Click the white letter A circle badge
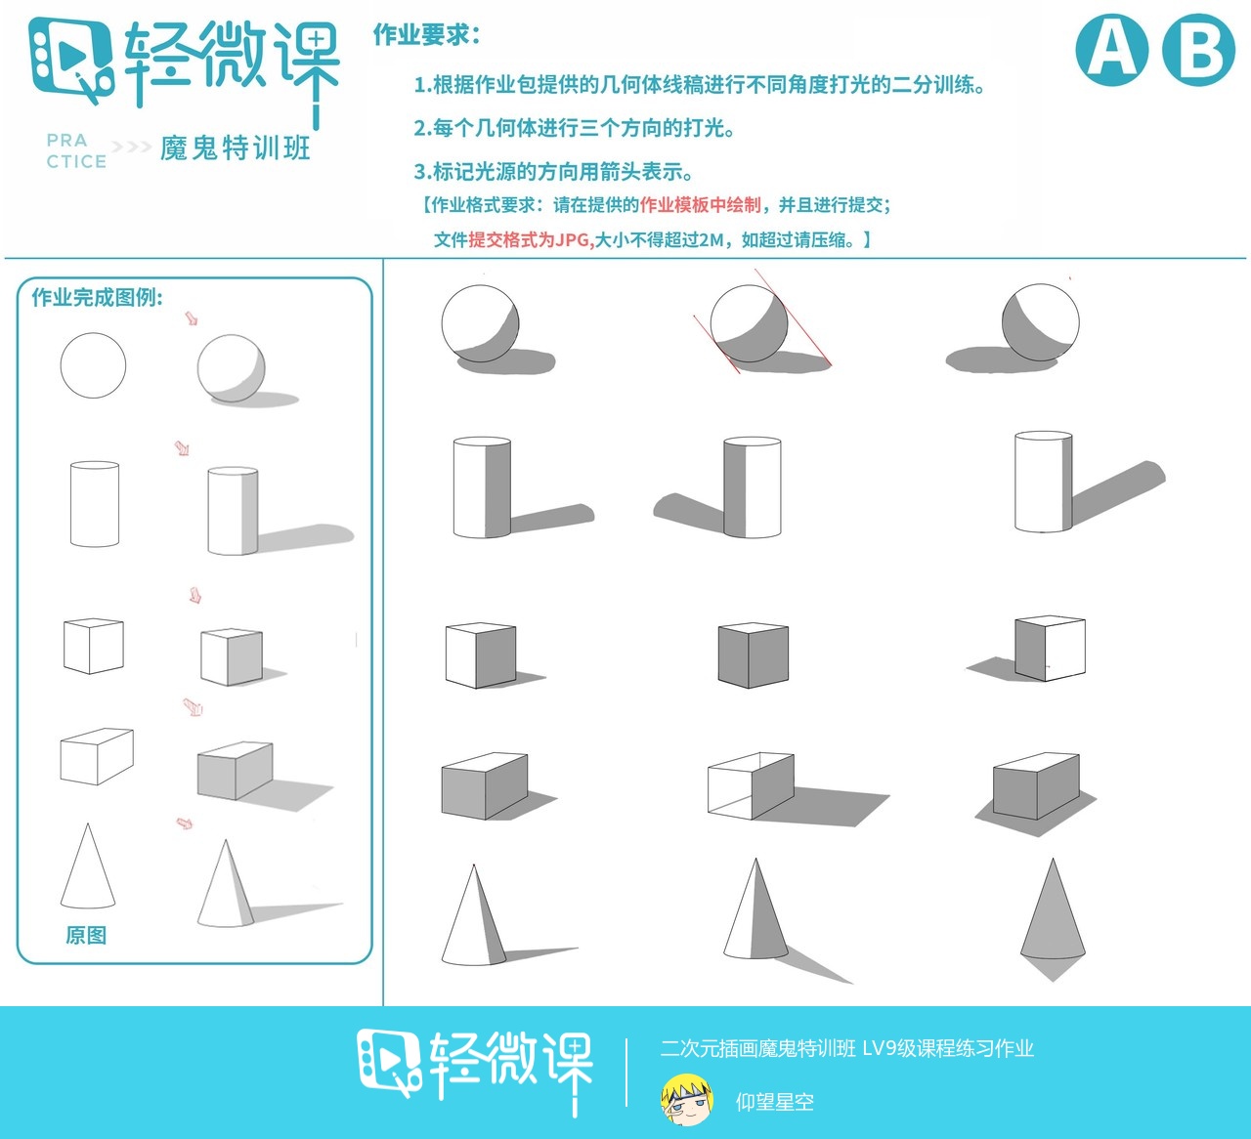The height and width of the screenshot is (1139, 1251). [1111, 50]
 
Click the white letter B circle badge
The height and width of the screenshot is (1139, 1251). [1198, 50]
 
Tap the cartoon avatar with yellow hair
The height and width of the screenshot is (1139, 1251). [686, 1101]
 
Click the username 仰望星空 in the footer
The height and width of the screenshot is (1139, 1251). [774, 1102]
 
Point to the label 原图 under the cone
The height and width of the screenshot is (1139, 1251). [86, 935]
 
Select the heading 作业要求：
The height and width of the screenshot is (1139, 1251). [427, 35]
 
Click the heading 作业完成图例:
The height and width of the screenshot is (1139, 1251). [98, 298]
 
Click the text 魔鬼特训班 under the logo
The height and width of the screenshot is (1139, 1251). [236, 148]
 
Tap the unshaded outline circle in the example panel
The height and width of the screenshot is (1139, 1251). [94, 365]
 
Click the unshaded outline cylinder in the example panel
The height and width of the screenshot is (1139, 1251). [95, 504]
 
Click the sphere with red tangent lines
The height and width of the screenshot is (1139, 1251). [749, 324]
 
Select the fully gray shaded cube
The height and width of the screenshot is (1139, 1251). [753, 655]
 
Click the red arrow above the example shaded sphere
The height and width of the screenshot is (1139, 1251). [192, 318]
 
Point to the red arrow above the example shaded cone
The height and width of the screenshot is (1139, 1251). [184, 823]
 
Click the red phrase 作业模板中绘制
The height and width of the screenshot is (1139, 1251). [700, 205]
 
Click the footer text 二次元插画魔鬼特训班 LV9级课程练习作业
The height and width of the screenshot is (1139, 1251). [846, 1049]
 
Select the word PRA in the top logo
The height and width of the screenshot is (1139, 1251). [66, 141]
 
